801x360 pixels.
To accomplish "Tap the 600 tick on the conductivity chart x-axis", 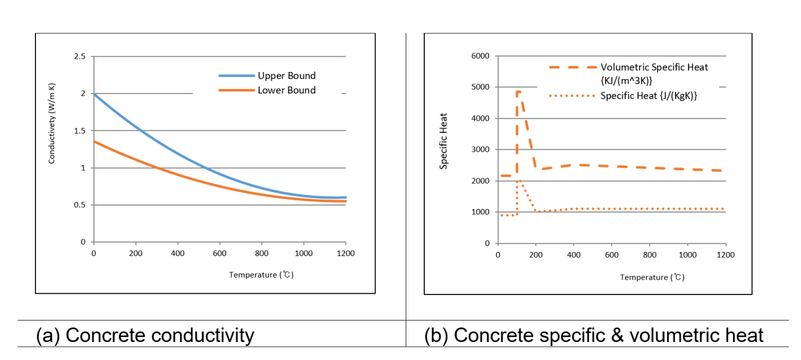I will tap(219, 253).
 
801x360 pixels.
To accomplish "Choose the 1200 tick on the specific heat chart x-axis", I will tap(726, 255).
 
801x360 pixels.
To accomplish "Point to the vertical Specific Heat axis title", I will tap(444, 148).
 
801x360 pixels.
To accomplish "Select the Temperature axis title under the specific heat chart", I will tap(652, 277).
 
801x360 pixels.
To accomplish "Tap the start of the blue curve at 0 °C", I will tap(94, 94).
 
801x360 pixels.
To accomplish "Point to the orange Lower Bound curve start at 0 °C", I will tap(94, 141).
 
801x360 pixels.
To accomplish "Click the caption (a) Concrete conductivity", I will tap(145, 335).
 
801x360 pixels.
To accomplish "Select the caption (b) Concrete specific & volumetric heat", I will tap(594, 335).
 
